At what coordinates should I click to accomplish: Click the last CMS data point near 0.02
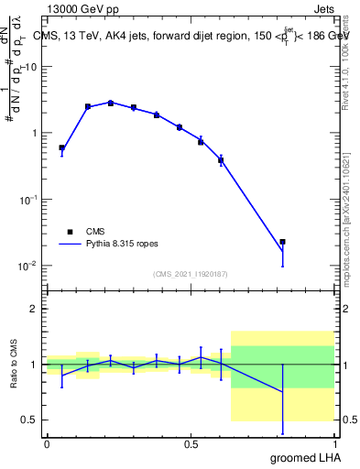coord(283,242)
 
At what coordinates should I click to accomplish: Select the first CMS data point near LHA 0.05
coord(61,147)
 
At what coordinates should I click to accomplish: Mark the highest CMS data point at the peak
coord(111,103)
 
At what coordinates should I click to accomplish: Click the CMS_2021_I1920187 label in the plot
coord(190,274)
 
